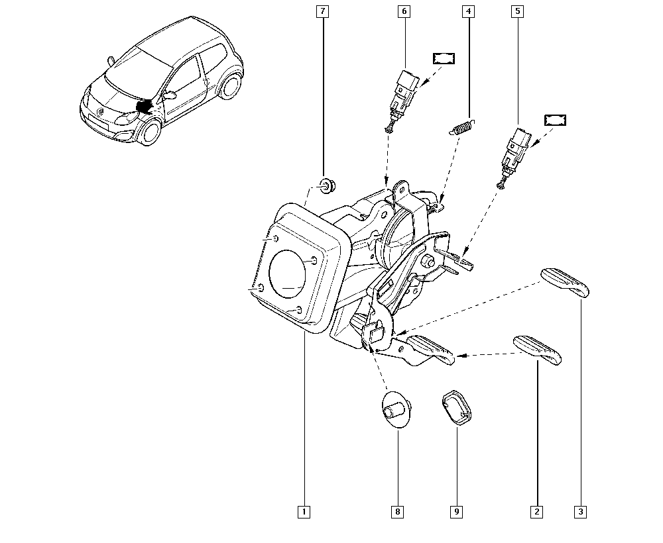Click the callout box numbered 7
pos(323,11)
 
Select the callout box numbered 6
pos(404,11)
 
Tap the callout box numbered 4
pos(469,11)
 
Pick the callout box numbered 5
pos(518,11)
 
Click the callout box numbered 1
pos(304,512)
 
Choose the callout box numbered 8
pos(397,512)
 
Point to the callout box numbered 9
pos(457,512)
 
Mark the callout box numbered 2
pos(536,512)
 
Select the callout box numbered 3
pos(581,512)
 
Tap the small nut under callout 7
pos(326,186)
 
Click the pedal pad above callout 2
pos(538,350)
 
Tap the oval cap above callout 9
pos(457,407)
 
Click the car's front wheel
pos(150,131)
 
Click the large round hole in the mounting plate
pos(288,273)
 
